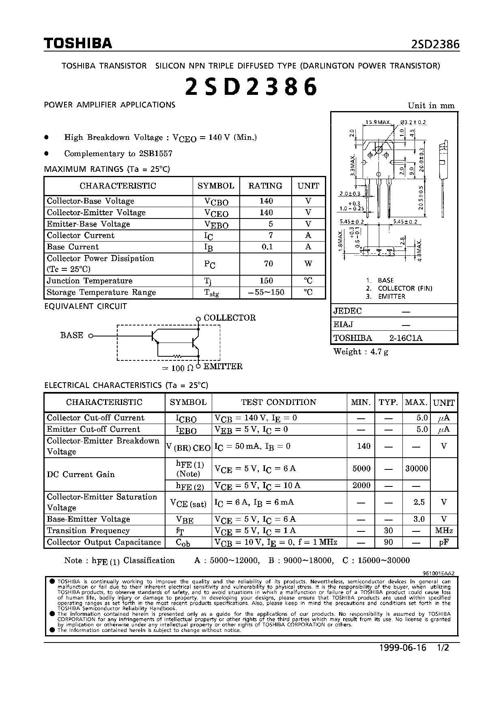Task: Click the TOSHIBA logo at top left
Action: click(77, 43)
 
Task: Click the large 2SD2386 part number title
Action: click(251, 86)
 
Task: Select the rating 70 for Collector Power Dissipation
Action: click(268, 263)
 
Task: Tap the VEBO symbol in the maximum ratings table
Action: click(216, 225)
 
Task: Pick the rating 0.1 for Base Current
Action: click(267, 247)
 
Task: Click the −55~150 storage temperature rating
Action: click(266, 292)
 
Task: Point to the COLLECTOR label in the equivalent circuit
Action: click(230, 318)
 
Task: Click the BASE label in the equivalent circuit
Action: click(72, 335)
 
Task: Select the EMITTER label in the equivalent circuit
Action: click(223, 366)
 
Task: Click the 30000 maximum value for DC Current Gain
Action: click(417, 469)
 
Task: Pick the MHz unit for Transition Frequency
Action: click(444, 531)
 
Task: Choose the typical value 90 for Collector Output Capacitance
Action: click(389, 542)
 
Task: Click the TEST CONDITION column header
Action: click(279, 402)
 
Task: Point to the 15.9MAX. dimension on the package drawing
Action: click(378, 122)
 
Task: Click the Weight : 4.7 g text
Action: click(361, 352)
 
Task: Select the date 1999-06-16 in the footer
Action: click(402, 648)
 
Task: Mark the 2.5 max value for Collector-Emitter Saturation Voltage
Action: click(419, 502)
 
